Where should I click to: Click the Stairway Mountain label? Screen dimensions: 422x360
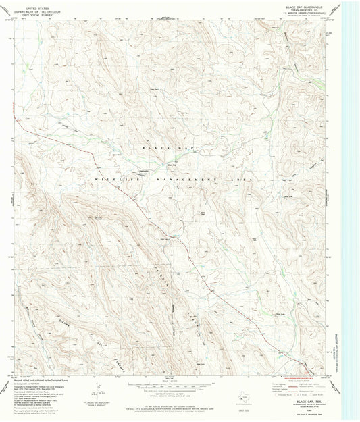pos(98,217)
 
